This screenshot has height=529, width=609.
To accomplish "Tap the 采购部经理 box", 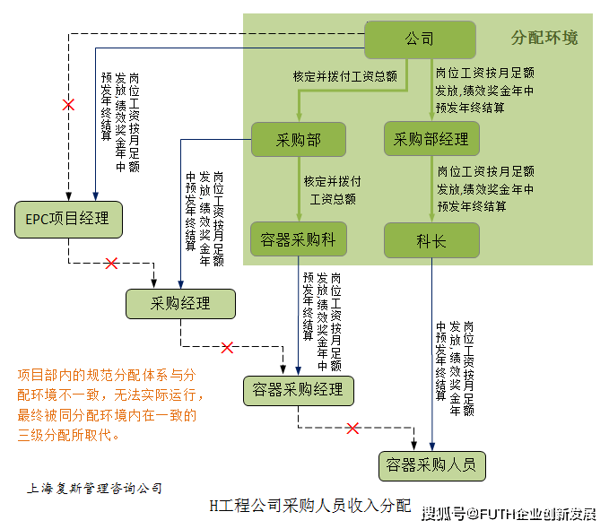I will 431,139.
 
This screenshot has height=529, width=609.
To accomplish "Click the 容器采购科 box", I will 298,239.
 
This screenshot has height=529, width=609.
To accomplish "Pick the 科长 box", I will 431,240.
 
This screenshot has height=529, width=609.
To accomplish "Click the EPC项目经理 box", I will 68,219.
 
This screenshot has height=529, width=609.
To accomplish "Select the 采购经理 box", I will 180,304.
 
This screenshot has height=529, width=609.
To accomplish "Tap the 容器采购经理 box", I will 298,390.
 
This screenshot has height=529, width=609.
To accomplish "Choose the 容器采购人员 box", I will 431,465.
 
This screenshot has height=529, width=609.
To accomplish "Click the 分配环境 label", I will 544,38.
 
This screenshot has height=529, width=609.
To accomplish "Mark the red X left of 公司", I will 68,105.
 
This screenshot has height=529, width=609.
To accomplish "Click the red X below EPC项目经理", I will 111,264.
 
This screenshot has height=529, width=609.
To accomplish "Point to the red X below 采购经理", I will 227,347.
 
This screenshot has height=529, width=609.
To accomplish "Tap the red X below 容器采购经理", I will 352,429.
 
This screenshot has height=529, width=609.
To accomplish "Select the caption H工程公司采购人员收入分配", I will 309,507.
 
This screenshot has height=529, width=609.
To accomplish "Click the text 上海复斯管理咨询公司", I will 95,489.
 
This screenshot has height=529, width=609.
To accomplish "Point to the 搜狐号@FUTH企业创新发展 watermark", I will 508,513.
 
